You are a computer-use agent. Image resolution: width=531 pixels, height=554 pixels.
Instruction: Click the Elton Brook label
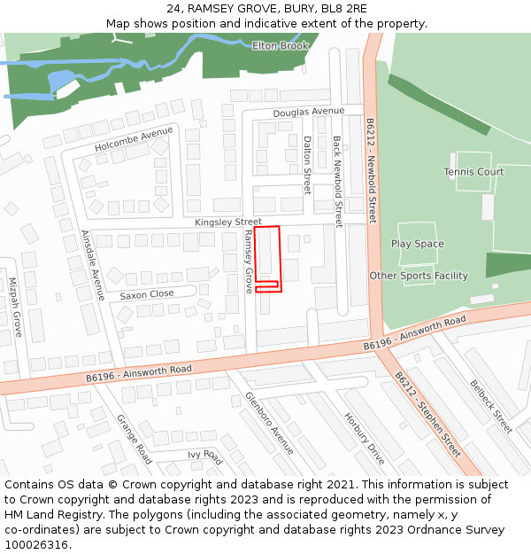click(x=280, y=46)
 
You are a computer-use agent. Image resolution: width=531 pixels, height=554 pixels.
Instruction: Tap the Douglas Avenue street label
click(x=308, y=112)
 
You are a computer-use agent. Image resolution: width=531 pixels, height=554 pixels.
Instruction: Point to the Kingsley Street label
click(x=228, y=222)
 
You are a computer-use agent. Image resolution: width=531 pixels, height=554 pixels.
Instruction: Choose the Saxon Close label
click(x=147, y=294)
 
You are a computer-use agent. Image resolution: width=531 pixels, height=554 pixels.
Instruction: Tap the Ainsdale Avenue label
click(x=93, y=265)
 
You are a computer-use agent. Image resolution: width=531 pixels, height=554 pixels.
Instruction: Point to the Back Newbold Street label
click(x=337, y=182)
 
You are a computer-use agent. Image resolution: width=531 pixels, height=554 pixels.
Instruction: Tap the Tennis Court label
click(x=473, y=172)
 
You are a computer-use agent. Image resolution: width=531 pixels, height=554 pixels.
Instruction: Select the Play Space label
click(x=418, y=244)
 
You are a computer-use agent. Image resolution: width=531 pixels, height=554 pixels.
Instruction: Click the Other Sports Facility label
click(x=419, y=276)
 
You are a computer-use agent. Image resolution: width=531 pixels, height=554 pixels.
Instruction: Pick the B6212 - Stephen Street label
click(x=427, y=414)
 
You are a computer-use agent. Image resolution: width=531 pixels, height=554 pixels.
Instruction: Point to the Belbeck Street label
click(x=491, y=407)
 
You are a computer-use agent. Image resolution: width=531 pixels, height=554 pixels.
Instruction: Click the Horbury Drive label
click(x=365, y=439)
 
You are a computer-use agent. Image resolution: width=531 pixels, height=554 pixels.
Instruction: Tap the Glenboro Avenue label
click(x=269, y=423)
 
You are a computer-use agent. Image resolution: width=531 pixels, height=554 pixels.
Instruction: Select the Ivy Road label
click(x=204, y=456)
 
